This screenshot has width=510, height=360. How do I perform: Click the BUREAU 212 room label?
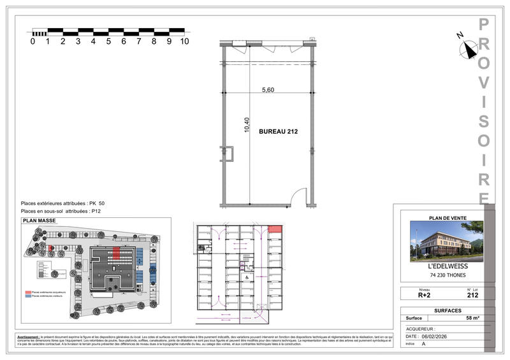[279, 132]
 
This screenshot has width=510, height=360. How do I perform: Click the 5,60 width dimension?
[268, 90]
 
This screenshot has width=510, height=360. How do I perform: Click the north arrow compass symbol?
[470, 48]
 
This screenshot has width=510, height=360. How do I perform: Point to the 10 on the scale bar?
[184, 41]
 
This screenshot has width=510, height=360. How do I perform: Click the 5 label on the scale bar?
[108, 41]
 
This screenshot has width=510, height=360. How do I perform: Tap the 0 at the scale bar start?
[33, 41]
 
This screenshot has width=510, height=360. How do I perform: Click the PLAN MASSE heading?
[40, 220]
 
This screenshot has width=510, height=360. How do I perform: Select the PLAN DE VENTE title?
[448, 218]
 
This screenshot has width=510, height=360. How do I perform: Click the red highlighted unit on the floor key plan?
[276, 229]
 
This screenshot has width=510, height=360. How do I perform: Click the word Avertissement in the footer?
[33, 336]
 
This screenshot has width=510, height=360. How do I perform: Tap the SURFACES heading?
[447, 310]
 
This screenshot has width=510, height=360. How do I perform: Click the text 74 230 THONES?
[447, 276]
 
